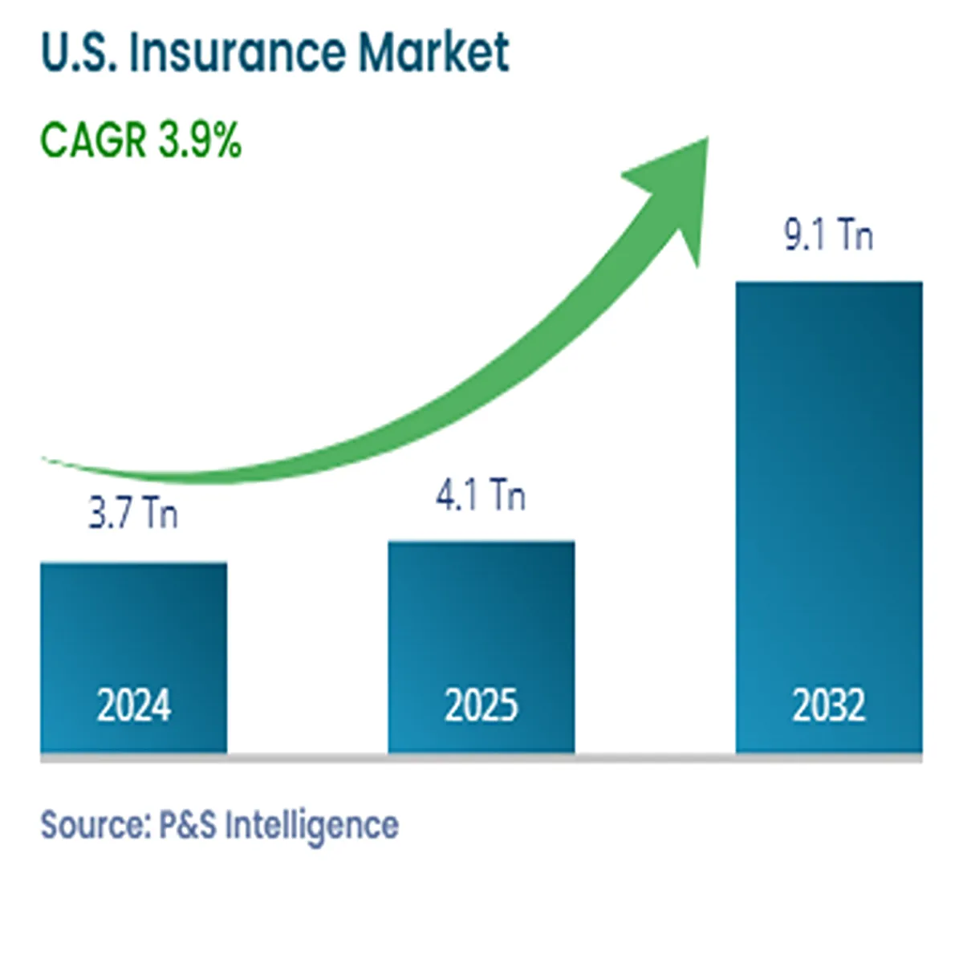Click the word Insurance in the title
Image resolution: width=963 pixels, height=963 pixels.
point(238,52)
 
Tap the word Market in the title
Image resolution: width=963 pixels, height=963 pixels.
point(433,52)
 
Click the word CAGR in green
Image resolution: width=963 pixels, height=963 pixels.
point(94,140)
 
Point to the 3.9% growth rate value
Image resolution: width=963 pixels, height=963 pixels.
point(200,140)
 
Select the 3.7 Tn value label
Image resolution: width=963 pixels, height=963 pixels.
point(133,513)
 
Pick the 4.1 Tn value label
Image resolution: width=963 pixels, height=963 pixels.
point(481,495)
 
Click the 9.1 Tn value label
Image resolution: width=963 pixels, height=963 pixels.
point(828,236)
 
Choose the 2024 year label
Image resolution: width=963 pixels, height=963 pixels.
point(134,706)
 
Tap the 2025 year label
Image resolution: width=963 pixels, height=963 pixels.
point(481,706)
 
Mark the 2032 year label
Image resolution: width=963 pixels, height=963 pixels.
point(829,706)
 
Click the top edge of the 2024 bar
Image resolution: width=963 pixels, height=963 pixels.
point(134,564)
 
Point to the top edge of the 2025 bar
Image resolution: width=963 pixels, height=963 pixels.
point(481,542)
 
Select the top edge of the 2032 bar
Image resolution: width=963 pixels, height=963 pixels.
point(829,283)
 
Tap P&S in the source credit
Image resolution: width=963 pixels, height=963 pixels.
point(188,825)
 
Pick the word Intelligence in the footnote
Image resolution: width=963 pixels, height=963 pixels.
point(311,825)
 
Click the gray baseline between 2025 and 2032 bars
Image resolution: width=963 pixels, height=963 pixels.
point(655,758)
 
